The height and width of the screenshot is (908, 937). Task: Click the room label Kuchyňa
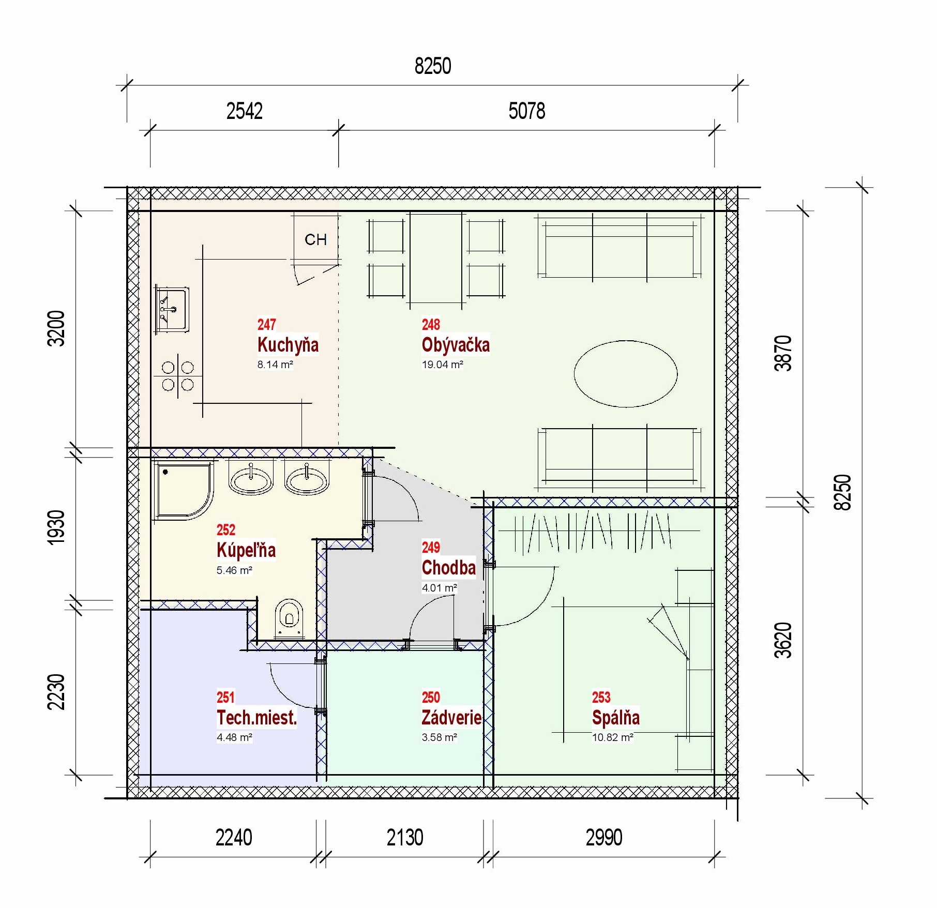tap(288, 345)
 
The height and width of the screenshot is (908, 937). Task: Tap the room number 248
tap(431, 324)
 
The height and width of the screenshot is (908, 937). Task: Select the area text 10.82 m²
tap(613, 737)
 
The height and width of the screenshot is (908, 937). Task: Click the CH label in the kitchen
tap(315, 239)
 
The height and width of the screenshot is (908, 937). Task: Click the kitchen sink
tap(172, 309)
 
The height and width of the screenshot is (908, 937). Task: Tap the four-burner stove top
tap(178, 376)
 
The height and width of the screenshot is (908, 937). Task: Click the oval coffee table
tap(626, 373)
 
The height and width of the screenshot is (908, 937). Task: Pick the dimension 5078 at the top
tap(526, 111)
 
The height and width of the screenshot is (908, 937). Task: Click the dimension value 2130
tap(405, 837)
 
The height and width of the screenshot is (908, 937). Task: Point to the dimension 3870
tap(783, 353)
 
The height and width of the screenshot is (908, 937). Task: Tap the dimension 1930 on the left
tap(56, 527)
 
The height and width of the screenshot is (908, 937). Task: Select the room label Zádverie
tap(451, 717)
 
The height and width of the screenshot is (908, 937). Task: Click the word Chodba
tap(448, 568)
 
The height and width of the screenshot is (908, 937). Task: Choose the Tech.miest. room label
tap(256, 718)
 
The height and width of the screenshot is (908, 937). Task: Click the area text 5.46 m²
tap(234, 570)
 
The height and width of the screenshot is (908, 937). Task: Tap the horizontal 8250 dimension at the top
tap(433, 66)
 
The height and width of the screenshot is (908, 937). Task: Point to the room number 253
tap(601, 697)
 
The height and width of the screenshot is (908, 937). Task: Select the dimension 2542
tap(244, 111)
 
